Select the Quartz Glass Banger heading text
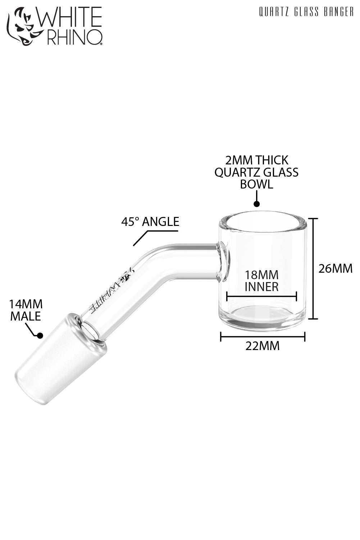306,12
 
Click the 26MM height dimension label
336,268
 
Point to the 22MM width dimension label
262,346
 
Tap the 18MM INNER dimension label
261,281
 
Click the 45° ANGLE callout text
150,222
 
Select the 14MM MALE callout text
26,310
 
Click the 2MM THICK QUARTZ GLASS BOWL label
256,172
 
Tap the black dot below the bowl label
256,204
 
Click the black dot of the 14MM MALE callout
40,336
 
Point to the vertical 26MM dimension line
314,268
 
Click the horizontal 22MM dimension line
262,337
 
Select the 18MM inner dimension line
261,297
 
